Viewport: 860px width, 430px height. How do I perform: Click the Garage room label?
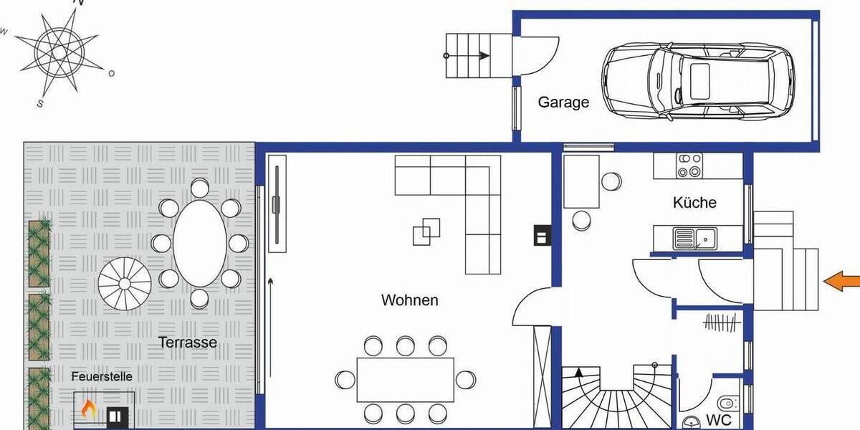click(x=563, y=102)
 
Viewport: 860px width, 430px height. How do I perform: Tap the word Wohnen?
click(x=409, y=300)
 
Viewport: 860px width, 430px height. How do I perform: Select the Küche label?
click(x=694, y=202)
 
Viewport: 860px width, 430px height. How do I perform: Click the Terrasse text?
click(x=188, y=343)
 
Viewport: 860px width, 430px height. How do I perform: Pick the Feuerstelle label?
click(x=102, y=376)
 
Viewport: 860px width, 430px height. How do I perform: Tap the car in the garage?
click(x=697, y=80)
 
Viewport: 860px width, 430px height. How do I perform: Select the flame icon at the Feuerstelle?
click(x=88, y=408)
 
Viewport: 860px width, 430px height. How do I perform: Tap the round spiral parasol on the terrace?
click(x=125, y=282)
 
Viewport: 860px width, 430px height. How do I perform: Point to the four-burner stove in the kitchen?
click(x=690, y=165)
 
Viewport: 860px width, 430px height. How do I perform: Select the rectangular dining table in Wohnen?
click(x=405, y=379)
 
